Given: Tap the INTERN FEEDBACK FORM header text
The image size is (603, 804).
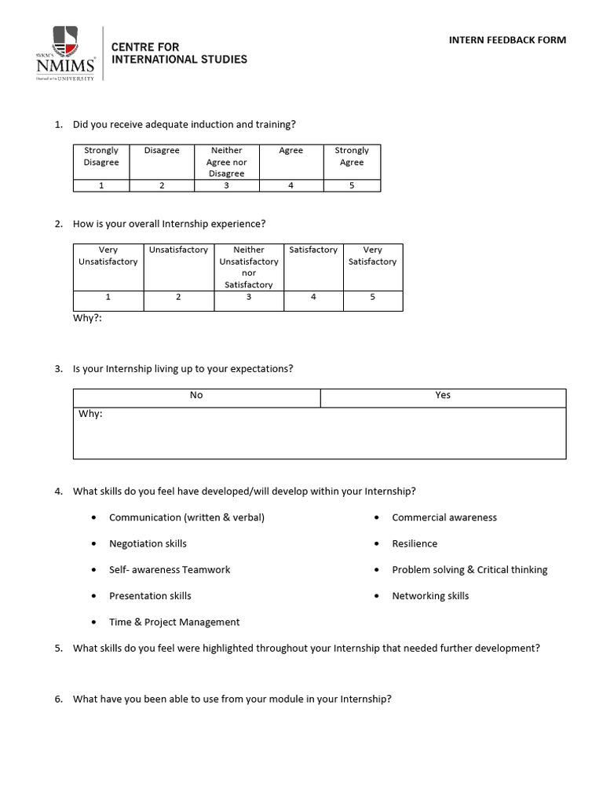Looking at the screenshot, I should pos(507,40).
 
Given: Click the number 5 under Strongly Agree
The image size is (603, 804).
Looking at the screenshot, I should pos(351,186).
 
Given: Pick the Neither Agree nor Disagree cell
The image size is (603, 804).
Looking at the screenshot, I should pos(226,162).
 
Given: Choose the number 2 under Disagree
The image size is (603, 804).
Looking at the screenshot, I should pos(162,186).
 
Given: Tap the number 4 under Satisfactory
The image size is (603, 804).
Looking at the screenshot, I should pos(313,298).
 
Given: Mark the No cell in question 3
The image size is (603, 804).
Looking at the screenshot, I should pos(196,396).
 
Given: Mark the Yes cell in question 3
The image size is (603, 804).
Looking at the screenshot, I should pos(443,396).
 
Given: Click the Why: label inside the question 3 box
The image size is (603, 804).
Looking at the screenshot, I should pos(90,414).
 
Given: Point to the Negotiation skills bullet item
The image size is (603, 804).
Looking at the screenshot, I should pos(148,543).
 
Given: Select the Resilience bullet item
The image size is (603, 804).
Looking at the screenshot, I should pos(415,543).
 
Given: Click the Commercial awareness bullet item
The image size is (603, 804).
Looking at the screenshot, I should pos(444,517).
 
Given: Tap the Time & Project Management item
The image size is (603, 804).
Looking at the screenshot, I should pos(174,622).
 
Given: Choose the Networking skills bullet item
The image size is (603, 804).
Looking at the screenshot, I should pos(430,596).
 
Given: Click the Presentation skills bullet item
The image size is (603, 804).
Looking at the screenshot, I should pos(150,596).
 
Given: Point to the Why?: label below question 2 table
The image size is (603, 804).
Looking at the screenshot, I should pos(87,319).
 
